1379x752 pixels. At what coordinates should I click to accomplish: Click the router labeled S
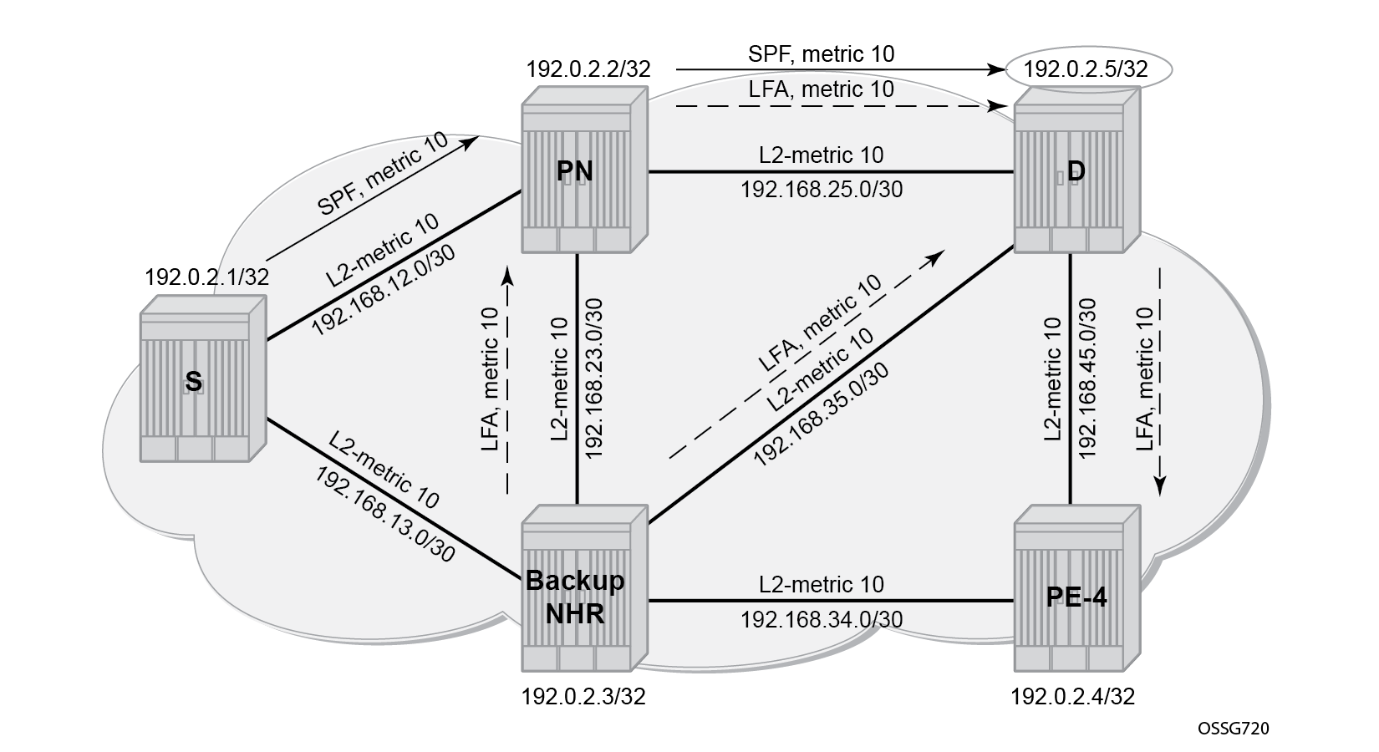[203, 379]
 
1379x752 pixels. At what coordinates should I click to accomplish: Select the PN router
[585, 170]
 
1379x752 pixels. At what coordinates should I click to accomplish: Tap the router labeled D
[1077, 170]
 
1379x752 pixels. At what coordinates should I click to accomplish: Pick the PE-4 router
[1077, 588]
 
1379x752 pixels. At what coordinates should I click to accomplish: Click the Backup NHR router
[585, 588]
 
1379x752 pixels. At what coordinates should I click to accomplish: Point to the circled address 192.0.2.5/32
[1086, 69]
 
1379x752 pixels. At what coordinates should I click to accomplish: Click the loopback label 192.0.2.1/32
[207, 277]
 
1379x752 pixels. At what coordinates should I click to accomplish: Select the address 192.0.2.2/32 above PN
[588, 69]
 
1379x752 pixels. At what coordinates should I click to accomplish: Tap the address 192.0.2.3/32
[583, 697]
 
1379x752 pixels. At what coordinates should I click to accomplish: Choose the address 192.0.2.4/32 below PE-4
[1072, 697]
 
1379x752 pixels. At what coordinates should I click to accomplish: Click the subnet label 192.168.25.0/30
[822, 190]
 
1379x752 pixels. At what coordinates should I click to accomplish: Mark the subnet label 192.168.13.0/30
[385, 515]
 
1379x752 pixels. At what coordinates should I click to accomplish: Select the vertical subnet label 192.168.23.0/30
[593, 379]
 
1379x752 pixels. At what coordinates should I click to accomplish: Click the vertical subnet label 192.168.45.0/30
[1088, 379]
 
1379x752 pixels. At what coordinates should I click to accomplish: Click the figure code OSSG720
[1233, 729]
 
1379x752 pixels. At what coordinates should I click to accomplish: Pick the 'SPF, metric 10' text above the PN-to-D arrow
[822, 54]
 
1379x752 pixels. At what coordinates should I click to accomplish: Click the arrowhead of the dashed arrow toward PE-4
[1160, 486]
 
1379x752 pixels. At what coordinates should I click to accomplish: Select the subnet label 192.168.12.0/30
[383, 291]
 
